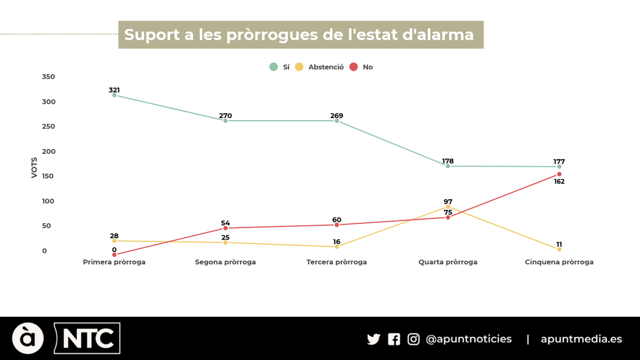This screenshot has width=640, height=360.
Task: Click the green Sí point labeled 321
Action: point(114,95)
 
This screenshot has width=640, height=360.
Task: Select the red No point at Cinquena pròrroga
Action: point(559,174)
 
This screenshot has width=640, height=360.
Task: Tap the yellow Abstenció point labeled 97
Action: point(448,207)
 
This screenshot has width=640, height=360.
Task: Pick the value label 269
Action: point(336,116)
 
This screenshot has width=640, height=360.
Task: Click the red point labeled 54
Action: point(226,228)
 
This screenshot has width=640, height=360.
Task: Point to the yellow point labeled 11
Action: point(559,249)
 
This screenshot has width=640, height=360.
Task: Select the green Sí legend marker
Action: point(274,67)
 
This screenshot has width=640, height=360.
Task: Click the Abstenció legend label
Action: point(326,67)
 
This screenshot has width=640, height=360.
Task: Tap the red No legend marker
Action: point(354,67)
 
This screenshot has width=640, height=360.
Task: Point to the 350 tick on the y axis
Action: point(48,77)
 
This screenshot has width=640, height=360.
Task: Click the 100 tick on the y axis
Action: point(48,201)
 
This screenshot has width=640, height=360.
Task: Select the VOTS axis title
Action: point(34,168)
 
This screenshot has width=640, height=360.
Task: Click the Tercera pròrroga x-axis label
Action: point(336,262)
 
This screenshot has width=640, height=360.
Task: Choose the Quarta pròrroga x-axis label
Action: point(448,262)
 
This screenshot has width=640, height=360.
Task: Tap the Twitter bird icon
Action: point(374,339)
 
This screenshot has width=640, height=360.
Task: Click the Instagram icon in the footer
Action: point(413,339)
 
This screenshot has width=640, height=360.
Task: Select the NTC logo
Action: point(87,338)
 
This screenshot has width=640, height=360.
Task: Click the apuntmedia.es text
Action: point(581,339)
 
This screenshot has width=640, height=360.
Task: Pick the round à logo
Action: point(28,338)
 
